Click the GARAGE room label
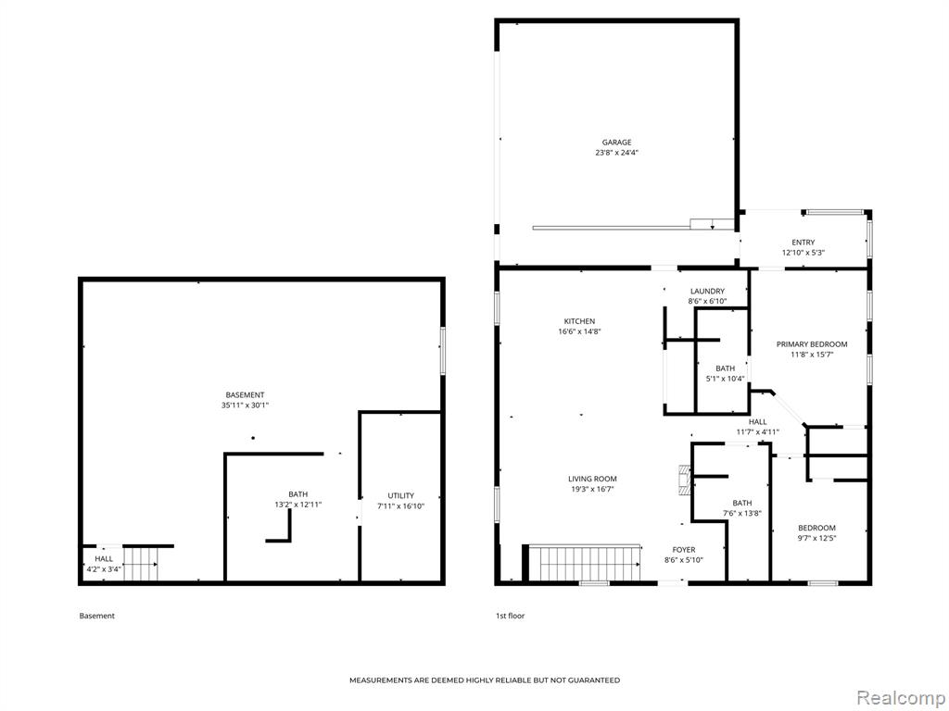point(616,143)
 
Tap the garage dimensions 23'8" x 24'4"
point(616,153)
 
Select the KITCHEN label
point(579,321)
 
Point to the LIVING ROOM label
point(592,479)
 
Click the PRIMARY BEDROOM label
point(812,344)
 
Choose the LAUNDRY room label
point(707,292)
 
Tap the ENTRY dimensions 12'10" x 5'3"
point(803,254)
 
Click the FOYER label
point(683,550)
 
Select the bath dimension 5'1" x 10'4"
point(725,379)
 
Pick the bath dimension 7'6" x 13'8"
point(742,514)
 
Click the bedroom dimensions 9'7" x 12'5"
point(816,538)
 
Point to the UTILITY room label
point(400,496)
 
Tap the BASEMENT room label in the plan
point(245,395)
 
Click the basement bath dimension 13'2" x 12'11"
point(297,505)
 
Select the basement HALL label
point(104,559)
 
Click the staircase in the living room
point(585,564)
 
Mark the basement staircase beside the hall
point(141,565)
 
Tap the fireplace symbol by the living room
point(685,480)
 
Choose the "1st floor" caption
point(511,616)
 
